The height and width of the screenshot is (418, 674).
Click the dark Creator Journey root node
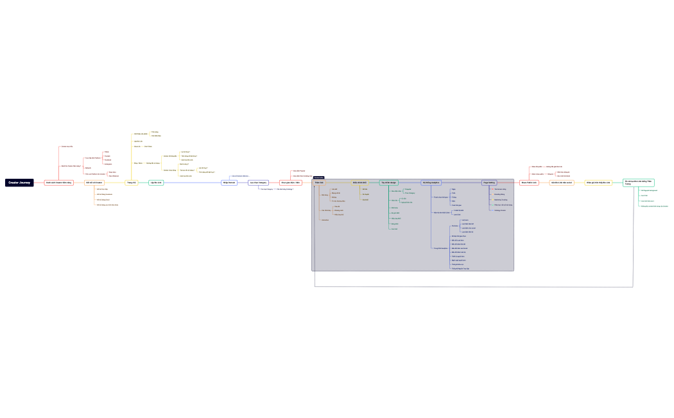19,183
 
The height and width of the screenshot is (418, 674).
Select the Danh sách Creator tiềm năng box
59,183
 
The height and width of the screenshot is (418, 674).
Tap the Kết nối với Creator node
94,183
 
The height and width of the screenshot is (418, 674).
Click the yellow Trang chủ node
131,183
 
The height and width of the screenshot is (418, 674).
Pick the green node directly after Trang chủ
156,183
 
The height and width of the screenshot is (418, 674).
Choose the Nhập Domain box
229,183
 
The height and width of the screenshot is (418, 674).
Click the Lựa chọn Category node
259,183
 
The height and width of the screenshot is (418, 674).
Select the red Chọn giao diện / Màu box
291,183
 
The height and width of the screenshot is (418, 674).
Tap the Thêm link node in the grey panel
319,183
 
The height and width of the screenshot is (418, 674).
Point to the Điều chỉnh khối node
359,183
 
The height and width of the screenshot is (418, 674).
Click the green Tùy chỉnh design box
388,183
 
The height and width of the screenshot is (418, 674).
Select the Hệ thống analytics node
431,183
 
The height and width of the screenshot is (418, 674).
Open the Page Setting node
490,183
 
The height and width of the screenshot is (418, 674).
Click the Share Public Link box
529,183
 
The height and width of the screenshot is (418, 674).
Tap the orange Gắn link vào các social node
562,183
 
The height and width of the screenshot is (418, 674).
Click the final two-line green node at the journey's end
638,183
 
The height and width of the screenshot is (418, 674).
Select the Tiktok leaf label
107,152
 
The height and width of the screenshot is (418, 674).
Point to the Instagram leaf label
108,164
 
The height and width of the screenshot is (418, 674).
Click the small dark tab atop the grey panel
319,177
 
